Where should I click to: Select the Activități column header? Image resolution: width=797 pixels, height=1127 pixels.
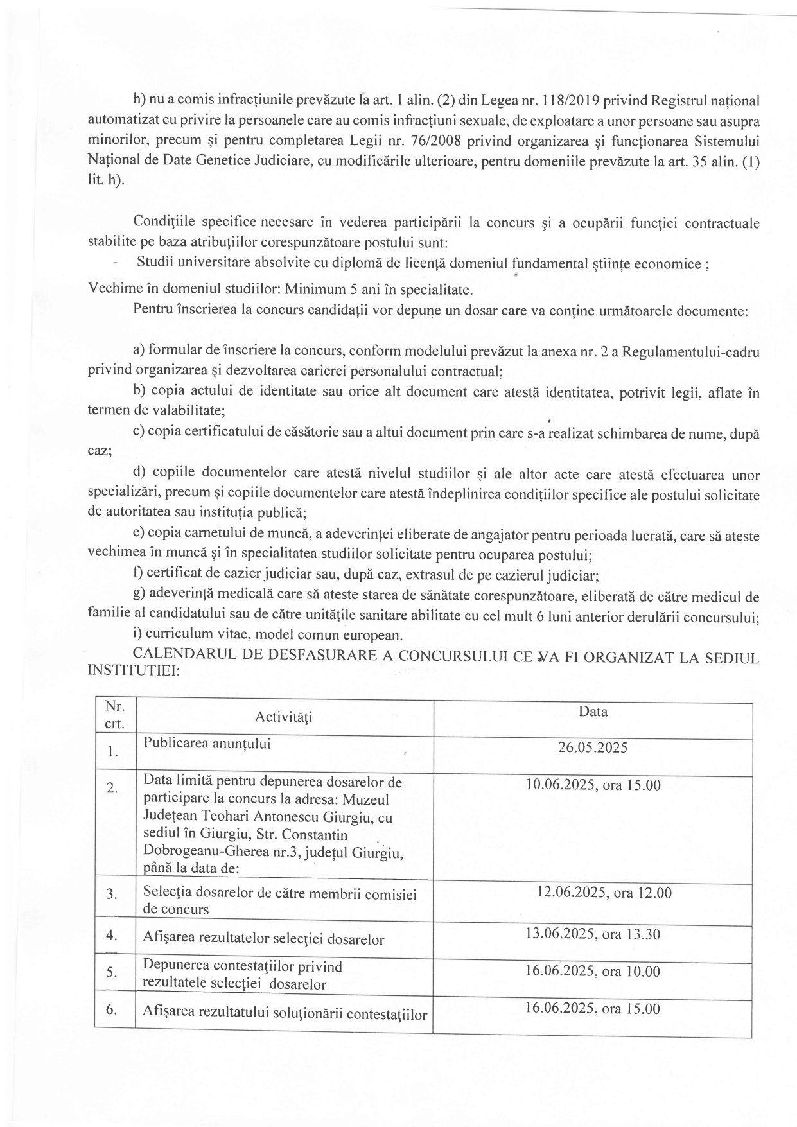pos(283,717)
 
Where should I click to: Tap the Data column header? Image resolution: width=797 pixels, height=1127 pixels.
pos(593,712)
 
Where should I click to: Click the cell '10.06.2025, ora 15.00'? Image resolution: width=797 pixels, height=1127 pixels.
pos(592,785)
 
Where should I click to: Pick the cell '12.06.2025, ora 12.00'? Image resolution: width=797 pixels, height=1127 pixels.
pos(604,893)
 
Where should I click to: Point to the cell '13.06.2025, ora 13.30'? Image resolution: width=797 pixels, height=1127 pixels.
pos(592,934)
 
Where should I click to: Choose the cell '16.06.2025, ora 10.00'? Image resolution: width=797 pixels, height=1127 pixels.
pos(592,971)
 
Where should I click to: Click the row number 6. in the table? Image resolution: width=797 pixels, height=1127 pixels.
pos(112,1009)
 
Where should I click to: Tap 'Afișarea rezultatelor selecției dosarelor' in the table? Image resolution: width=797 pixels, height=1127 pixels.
pos(264,939)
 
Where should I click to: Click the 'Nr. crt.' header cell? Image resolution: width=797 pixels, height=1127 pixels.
pos(115,715)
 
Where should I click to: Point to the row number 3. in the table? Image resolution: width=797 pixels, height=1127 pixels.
pos(112,893)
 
